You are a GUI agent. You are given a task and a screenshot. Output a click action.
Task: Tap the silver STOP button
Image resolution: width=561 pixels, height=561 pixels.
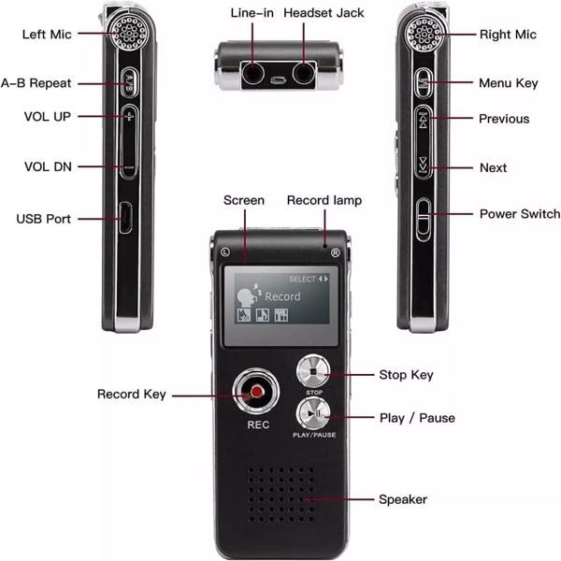[x=314, y=370]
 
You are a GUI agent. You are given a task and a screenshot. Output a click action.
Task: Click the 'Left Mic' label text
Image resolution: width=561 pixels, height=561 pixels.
[x=48, y=35]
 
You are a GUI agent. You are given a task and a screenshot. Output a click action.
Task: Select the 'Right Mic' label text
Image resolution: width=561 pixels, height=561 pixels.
[x=508, y=35]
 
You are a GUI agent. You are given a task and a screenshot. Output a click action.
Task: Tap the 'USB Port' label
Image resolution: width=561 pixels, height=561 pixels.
[x=43, y=219]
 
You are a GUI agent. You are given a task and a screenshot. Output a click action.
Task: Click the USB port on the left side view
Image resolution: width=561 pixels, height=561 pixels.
[x=125, y=218]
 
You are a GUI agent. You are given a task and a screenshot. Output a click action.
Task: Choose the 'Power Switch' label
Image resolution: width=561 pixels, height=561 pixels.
[x=519, y=213]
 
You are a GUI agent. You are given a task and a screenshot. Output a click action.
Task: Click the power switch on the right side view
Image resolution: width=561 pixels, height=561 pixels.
[x=424, y=219]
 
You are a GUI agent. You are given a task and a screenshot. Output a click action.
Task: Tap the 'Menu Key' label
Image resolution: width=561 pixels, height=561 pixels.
[x=508, y=83]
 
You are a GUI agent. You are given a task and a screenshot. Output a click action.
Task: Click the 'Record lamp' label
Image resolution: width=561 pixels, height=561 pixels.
[x=324, y=200]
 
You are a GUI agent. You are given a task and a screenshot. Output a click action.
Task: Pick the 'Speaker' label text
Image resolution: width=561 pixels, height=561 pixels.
[x=403, y=499]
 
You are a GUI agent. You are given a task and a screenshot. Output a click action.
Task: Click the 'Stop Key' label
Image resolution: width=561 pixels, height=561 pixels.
[x=407, y=375]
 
